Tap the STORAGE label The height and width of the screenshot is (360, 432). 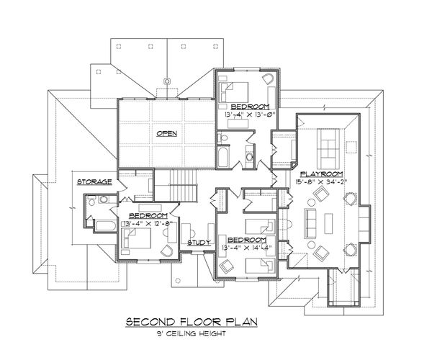94,181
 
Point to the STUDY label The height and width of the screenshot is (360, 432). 199,243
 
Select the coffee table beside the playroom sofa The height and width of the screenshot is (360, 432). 333,218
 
